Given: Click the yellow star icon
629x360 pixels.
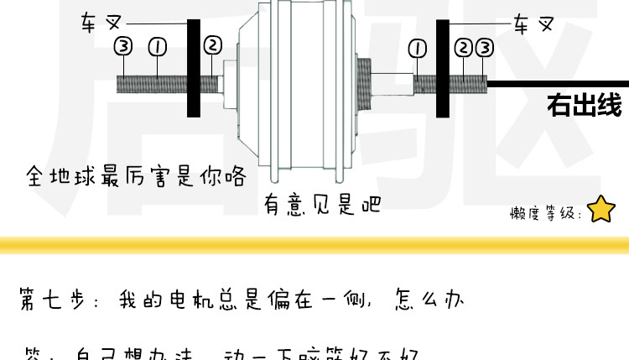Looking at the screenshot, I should pos(601,210).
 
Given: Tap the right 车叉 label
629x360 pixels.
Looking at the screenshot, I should pos(533,23).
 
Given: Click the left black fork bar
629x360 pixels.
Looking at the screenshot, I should pos(194,67).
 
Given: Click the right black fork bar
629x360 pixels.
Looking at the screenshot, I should pos(442,67).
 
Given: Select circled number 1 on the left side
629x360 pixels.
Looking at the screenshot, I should pos(157,45).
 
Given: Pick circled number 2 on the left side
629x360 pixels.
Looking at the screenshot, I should pos(212,45).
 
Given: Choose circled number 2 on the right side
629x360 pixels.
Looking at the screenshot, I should pos(463,47).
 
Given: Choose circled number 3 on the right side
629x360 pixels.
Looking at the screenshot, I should pos(484,47).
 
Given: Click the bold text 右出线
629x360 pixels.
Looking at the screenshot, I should pos(584,107).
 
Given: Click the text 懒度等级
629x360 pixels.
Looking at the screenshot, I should pos(544,213).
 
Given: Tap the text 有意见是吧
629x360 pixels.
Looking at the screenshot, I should pos(322,204).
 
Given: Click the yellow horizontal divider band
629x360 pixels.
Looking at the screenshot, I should pos(314,245).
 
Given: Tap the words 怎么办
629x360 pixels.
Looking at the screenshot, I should pos(429,300).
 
